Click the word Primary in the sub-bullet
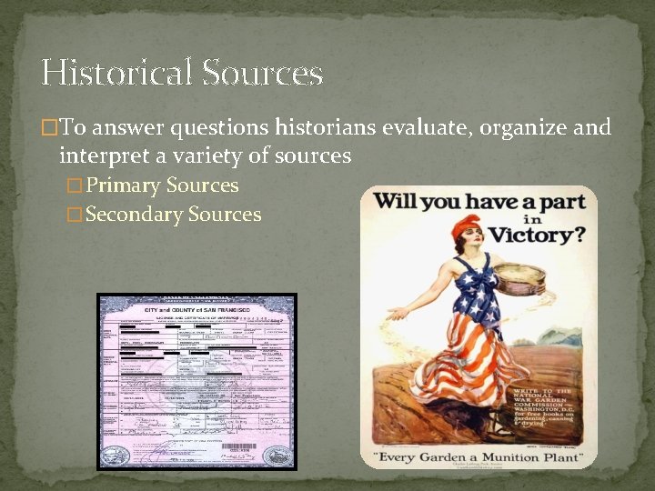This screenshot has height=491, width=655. tap(125, 185)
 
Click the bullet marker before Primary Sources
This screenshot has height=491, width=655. tap(76, 186)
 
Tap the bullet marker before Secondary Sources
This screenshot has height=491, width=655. tap(76, 215)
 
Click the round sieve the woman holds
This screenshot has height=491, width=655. tap(518, 275)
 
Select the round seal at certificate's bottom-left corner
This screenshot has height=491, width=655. tap(116, 453)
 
